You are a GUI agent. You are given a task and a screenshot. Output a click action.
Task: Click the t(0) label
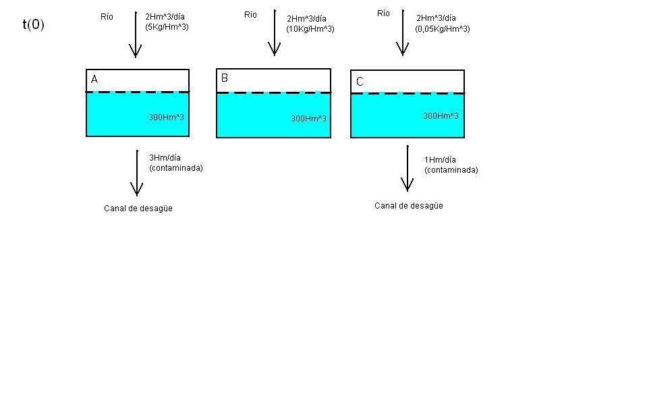click(x=33, y=25)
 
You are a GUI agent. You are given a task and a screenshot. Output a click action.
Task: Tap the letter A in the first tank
click(x=94, y=80)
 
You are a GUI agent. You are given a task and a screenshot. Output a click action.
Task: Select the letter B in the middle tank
click(x=225, y=78)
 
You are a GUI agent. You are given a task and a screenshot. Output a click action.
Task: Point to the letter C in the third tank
click(x=360, y=82)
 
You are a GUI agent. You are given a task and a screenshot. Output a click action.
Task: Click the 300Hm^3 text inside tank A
click(x=166, y=117)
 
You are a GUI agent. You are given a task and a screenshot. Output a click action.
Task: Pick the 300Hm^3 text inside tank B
click(x=308, y=119)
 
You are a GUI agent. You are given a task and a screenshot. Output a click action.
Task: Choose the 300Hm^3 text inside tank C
click(x=441, y=116)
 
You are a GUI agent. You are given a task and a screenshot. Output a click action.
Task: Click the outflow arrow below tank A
click(x=137, y=173)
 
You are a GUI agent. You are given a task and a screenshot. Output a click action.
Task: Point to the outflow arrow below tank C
click(x=408, y=168)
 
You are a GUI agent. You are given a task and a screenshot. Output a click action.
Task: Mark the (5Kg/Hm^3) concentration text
click(x=162, y=27)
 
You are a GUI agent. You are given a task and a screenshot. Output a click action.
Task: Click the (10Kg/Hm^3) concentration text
click(x=310, y=29)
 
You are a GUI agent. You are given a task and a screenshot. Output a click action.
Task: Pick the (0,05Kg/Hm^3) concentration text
click(x=443, y=29)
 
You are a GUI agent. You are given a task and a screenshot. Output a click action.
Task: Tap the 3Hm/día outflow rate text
click(x=165, y=158)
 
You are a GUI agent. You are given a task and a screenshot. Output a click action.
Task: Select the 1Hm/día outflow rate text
click(x=440, y=160)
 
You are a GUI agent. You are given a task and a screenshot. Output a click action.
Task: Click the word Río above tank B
click(x=250, y=15)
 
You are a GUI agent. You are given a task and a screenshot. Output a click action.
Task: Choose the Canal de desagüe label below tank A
click(x=138, y=209)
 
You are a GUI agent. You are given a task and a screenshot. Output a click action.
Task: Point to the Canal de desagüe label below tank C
click(x=409, y=206)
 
